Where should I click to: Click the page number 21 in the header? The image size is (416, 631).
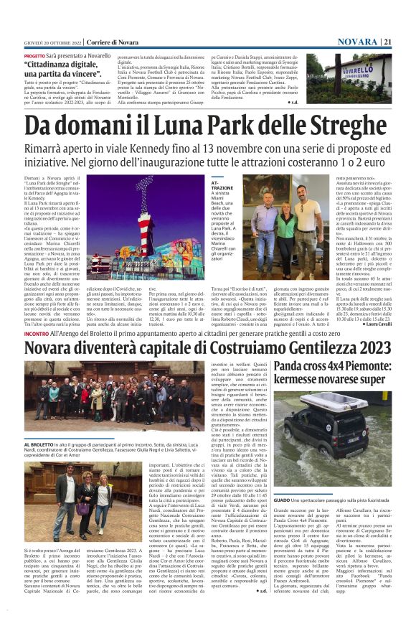click(x=407, y=42)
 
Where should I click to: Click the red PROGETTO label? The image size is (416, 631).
click(x=34, y=55)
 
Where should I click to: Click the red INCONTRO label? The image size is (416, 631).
click(x=36, y=334)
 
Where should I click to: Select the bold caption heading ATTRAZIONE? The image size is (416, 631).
click(x=222, y=187)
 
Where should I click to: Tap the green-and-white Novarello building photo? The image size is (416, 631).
click(x=357, y=75)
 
